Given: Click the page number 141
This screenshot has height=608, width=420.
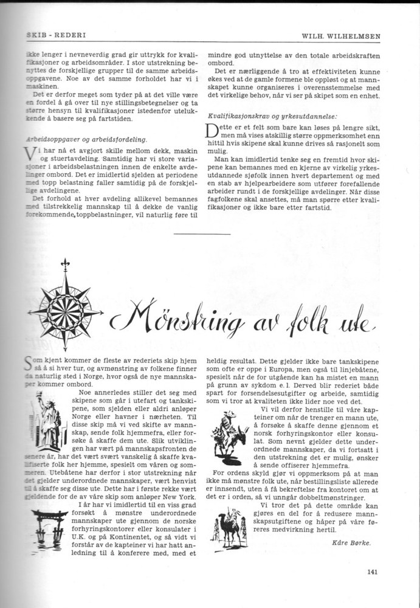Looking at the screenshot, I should coord(374,570).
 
